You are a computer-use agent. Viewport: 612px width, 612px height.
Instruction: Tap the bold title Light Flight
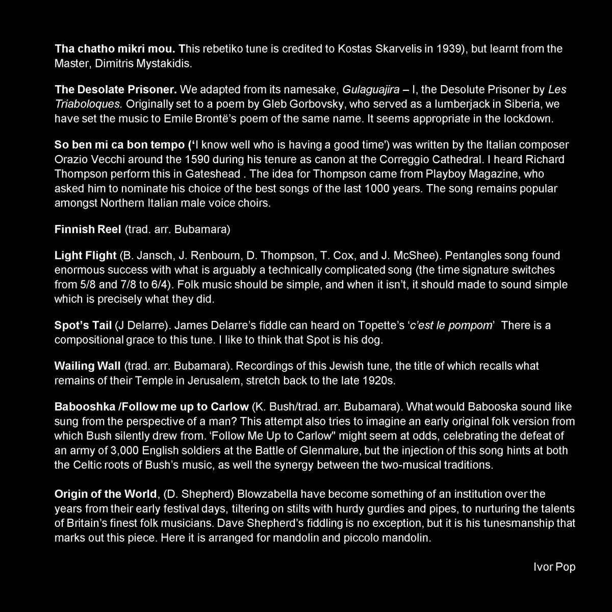point(85,255)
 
